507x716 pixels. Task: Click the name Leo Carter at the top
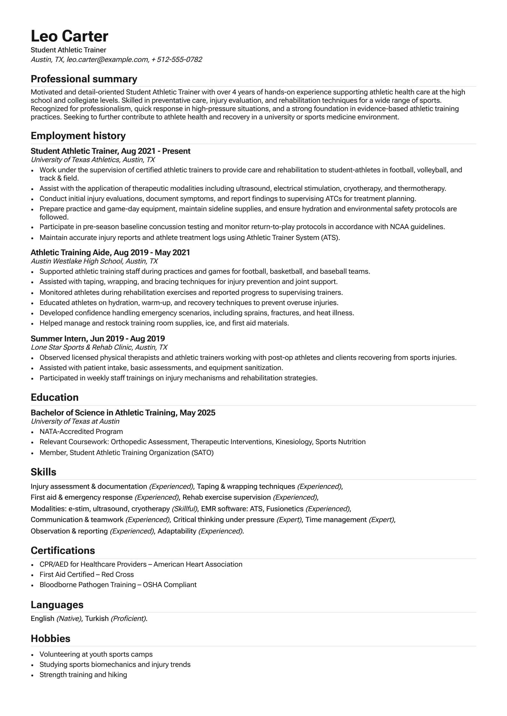click(69, 36)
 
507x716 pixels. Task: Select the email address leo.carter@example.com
click(108, 60)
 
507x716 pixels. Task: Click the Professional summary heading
click(84, 79)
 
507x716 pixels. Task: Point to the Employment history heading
click(78, 136)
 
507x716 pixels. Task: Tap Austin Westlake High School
click(77, 261)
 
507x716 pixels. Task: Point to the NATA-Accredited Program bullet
click(81, 431)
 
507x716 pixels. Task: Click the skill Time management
click(336, 519)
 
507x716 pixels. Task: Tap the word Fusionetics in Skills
click(284, 509)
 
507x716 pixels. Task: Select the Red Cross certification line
click(87, 574)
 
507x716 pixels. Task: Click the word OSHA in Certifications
click(152, 585)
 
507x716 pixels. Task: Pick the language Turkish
click(97, 618)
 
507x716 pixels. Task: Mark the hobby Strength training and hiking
click(83, 675)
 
